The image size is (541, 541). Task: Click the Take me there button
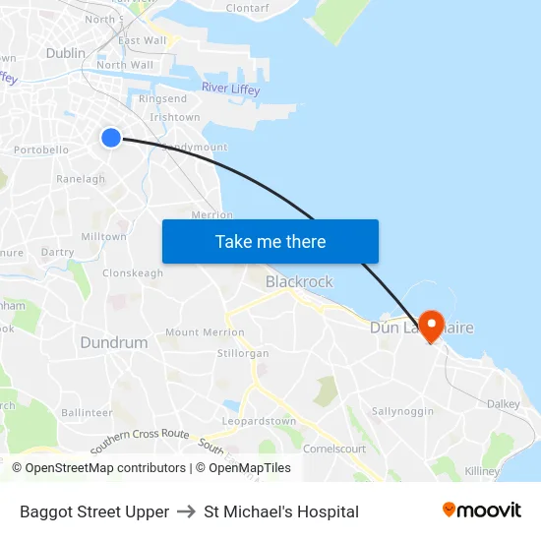click(270, 241)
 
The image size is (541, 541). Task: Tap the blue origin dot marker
click(111, 138)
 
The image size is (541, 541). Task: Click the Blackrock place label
click(299, 281)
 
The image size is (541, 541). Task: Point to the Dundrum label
click(114, 342)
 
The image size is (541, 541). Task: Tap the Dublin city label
click(66, 53)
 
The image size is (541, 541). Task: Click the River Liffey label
click(230, 89)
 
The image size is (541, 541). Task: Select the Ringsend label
click(163, 99)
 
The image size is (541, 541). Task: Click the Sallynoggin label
click(397, 410)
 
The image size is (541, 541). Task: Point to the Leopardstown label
click(259, 422)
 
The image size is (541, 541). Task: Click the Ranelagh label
click(81, 179)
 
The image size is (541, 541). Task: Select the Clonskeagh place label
click(133, 273)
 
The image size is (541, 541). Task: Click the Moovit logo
click(482, 511)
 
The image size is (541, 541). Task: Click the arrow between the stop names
click(187, 511)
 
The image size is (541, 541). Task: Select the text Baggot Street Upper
click(94, 511)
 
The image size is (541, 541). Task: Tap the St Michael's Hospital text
click(281, 511)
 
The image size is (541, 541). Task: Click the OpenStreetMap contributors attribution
click(98, 468)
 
